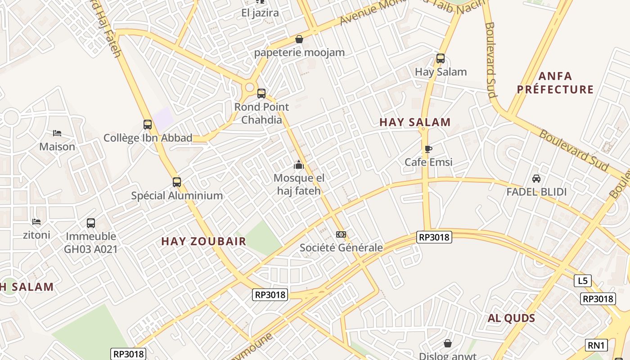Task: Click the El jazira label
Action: point(260,13)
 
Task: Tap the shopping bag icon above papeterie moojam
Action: point(299,40)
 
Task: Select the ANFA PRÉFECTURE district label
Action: point(555,83)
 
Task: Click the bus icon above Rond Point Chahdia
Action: point(261,94)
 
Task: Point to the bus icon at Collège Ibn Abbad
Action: point(148,125)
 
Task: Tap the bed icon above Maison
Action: point(57,133)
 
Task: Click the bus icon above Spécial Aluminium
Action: point(177,182)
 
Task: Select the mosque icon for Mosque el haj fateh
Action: point(299,165)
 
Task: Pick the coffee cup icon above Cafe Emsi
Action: point(428,149)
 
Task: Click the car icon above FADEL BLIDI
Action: point(536,179)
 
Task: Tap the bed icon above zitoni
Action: point(36,221)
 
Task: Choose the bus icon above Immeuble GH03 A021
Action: point(91,223)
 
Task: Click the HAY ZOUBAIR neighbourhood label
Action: point(204,241)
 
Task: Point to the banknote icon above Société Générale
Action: point(341,234)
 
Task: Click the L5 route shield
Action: point(583,281)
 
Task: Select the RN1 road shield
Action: point(597,345)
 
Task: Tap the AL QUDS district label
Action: point(512,319)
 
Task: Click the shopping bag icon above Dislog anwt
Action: point(448,343)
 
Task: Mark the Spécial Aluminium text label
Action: point(177,196)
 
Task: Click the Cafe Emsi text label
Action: point(428,162)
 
